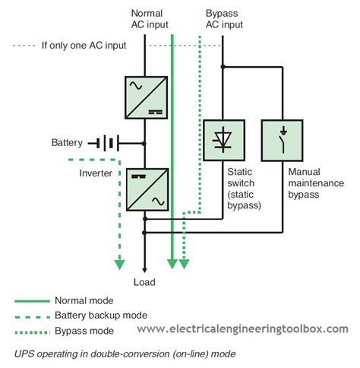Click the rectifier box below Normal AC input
[144, 95]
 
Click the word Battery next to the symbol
[67, 143]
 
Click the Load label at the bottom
[144, 282]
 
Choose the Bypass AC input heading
[224, 19]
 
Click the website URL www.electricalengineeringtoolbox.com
[243, 329]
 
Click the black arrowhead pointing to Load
[144, 267]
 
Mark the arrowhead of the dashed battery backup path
[119, 264]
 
